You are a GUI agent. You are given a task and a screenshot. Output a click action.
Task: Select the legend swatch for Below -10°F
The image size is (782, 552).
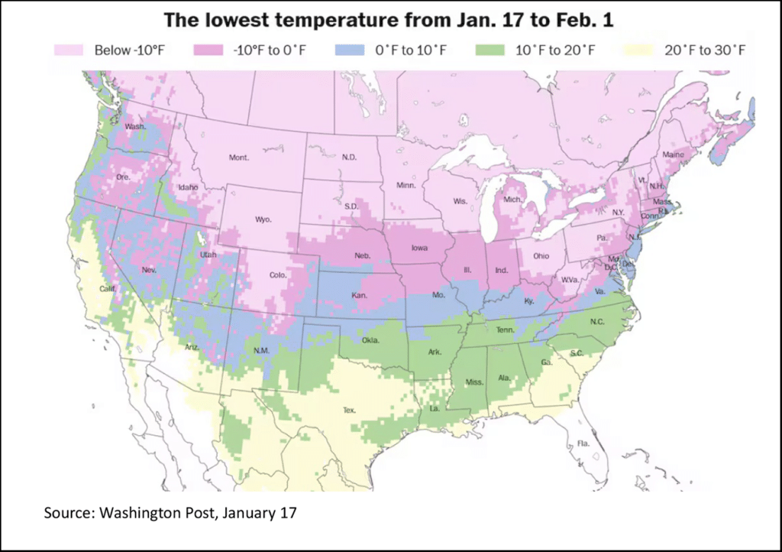(x=70, y=50)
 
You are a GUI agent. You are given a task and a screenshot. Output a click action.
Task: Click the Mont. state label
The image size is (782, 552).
(x=239, y=157)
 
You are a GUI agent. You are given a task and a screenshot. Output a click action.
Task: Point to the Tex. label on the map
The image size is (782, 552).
(x=349, y=410)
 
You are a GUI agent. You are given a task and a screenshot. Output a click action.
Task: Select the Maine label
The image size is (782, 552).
(x=674, y=154)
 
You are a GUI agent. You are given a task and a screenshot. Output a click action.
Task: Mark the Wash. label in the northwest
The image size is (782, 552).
(x=135, y=126)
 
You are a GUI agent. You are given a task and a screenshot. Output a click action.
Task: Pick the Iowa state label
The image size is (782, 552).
(x=420, y=248)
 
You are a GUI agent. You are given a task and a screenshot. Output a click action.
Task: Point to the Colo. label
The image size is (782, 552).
(x=277, y=275)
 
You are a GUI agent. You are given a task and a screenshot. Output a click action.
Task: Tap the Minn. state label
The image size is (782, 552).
(x=406, y=185)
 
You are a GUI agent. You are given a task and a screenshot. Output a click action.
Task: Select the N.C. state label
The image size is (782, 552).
(x=596, y=321)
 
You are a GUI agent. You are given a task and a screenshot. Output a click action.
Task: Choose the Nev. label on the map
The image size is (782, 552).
(x=150, y=270)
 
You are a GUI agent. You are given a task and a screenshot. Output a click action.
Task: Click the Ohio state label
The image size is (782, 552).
(x=541, y=255)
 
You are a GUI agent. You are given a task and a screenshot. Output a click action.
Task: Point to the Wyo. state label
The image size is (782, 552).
(x=263, y=219)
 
